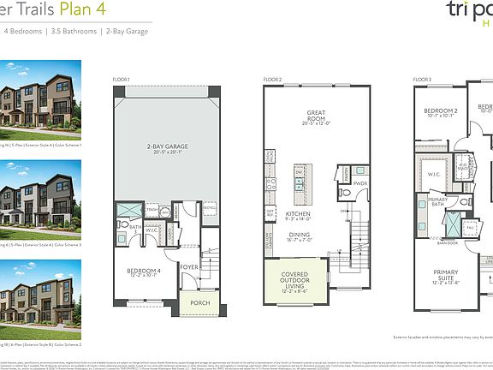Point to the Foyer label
coord(189,266)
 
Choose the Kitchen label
coord(297,214)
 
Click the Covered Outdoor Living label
coord(295,282)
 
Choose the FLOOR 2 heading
coord(274,79)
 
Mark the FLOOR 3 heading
coord(424,79)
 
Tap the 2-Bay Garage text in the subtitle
coord(124,31)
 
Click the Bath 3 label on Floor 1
coord(134,227)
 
